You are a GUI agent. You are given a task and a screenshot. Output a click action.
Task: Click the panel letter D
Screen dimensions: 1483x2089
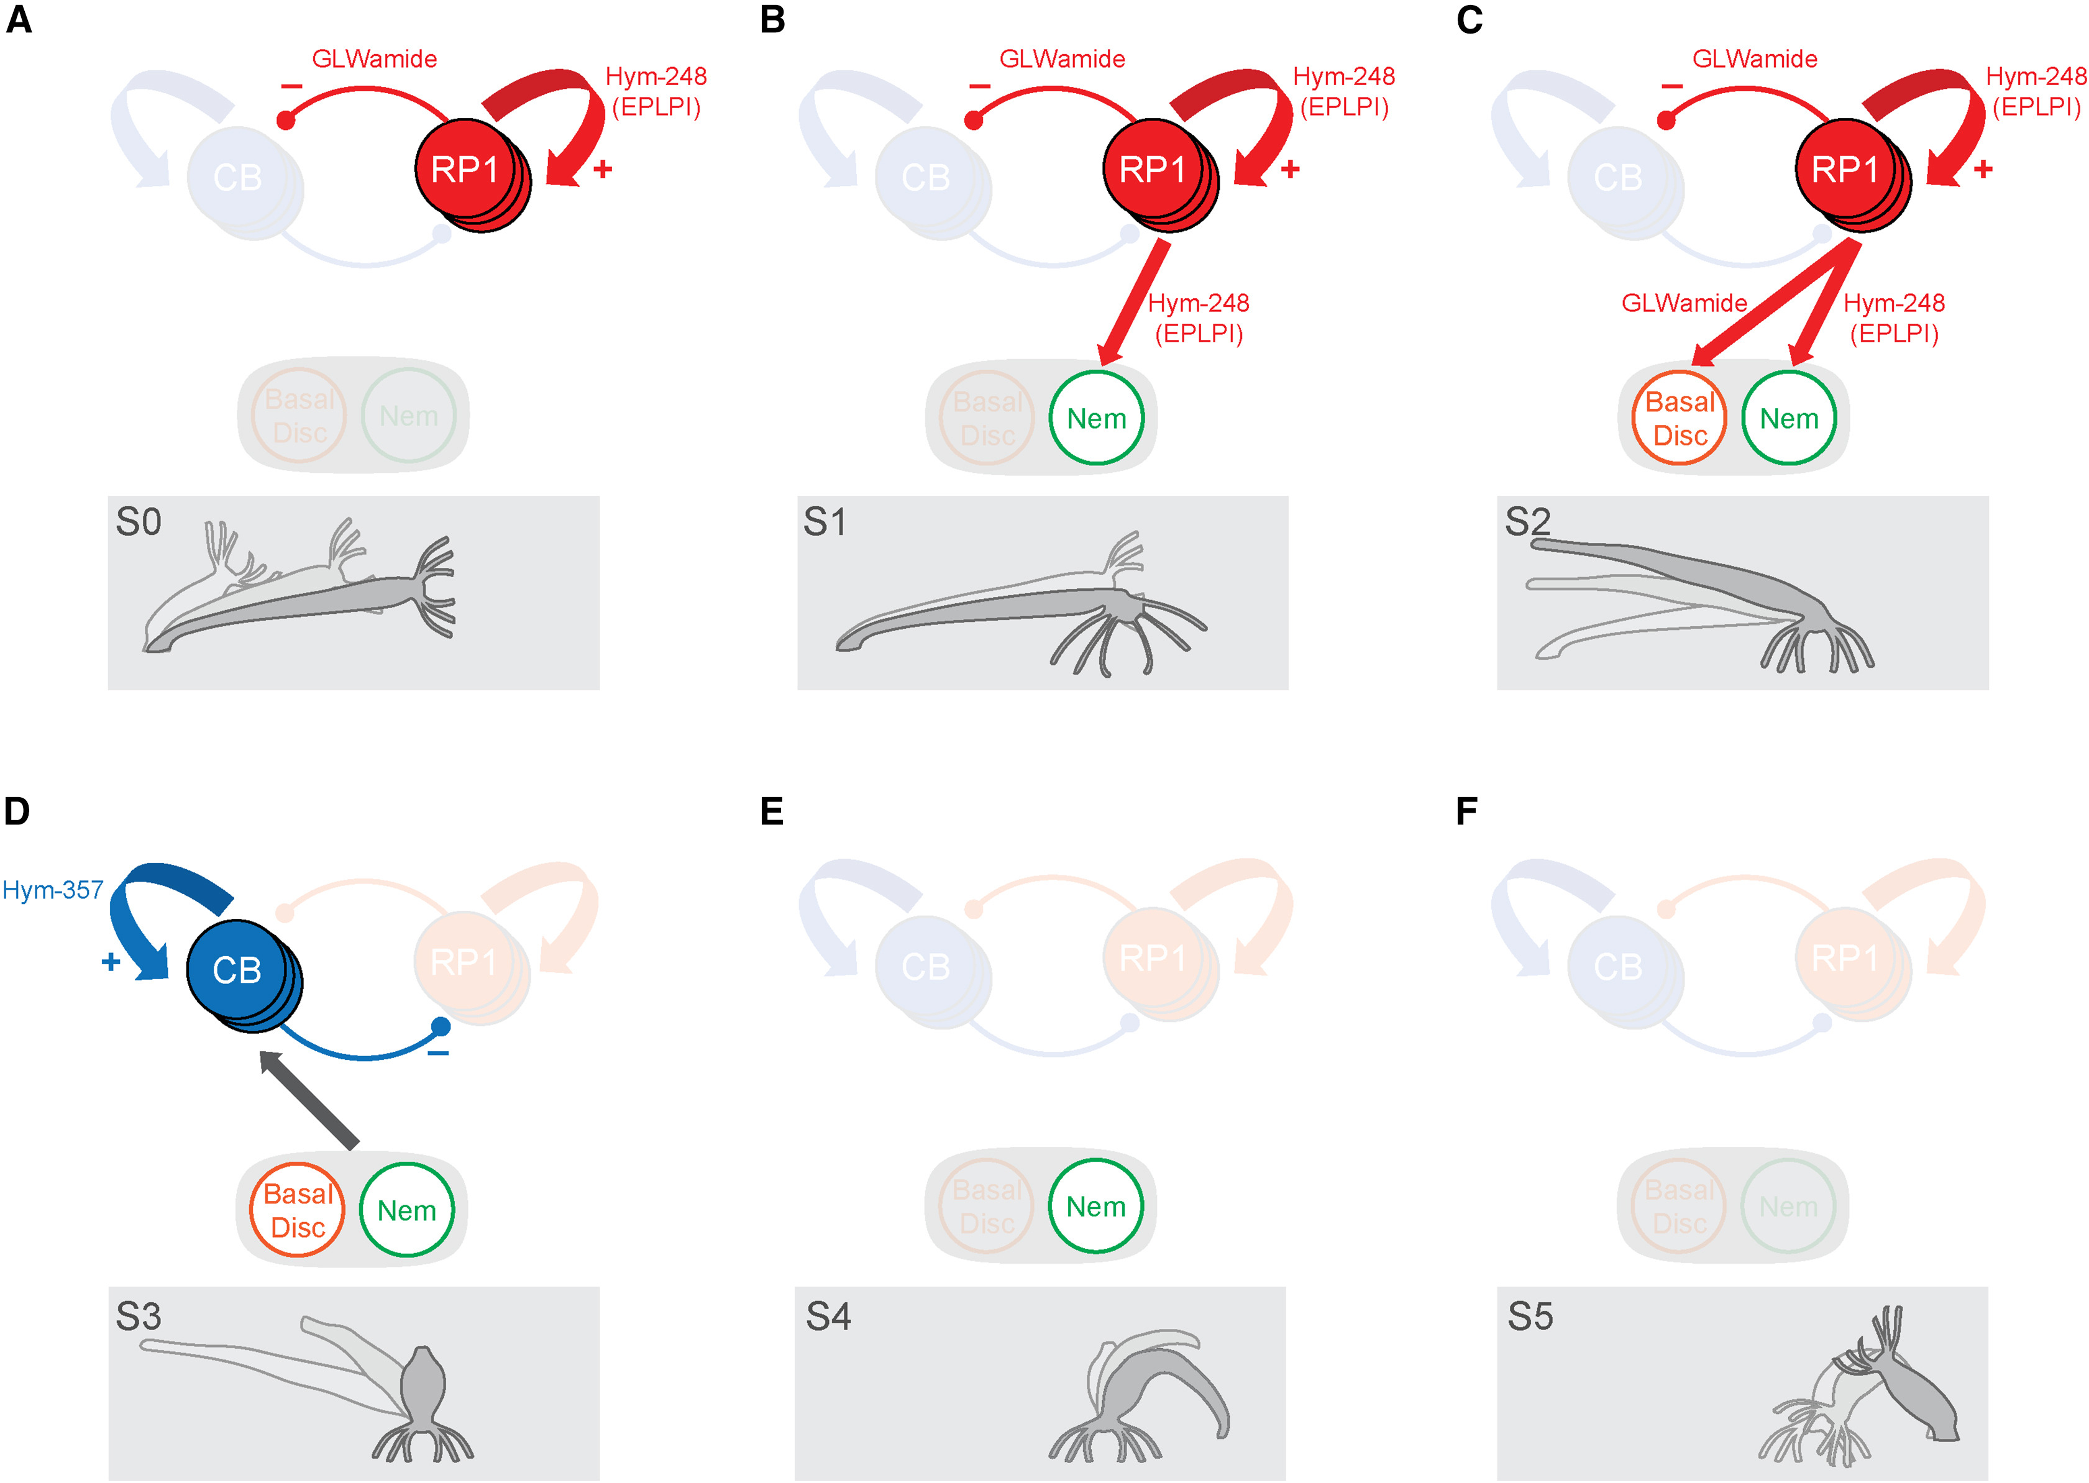(x=17, y=811)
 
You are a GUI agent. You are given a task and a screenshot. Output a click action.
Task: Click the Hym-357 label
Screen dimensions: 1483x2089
(x=53, y=890)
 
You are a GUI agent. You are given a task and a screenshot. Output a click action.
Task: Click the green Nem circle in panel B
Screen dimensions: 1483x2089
(x=1095, y=418)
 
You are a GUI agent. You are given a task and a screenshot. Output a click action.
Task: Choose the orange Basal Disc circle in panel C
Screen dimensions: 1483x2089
(x=1679, y=418)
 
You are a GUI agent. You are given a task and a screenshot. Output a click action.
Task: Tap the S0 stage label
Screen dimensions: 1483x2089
(x=139, y=522)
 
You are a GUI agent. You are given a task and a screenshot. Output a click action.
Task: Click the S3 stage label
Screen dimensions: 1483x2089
(x=139, y=1316)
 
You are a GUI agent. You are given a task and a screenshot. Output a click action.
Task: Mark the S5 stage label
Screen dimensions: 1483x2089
(x=1530, y=1316)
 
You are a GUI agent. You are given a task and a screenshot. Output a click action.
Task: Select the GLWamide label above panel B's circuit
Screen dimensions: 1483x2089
(x=1062, y=60)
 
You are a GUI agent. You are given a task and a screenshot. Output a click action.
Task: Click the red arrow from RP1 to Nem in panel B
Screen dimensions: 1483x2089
(x=1135, y=301)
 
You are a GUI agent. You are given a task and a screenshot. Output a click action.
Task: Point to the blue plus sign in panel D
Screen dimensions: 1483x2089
(x=111, y=962)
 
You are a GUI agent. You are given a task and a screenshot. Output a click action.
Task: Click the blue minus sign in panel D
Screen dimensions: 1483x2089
(x=438, y=1054)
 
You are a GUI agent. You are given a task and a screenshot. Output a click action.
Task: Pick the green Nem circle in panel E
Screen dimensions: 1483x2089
(x=1095, y=1207)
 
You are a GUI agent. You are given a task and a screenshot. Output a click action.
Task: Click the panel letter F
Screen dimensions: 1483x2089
(x=1467, y=811)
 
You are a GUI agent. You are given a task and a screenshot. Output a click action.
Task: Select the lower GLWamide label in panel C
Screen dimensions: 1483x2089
(x=1684, y=303)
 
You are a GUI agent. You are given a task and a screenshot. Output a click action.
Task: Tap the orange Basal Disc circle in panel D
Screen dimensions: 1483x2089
(x=298, y=1210)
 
